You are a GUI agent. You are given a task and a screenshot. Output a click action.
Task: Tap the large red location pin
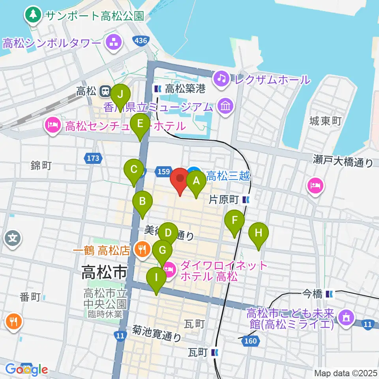click(180, 180)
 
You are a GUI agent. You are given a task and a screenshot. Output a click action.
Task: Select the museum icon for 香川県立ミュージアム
click(226, 106)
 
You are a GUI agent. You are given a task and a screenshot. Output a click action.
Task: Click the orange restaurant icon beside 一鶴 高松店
click(140, 249)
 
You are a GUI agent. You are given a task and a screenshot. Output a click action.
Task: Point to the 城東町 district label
click(326, 121)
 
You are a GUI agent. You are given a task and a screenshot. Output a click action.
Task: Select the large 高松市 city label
click(104, 272)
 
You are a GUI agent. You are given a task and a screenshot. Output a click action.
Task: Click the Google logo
click(27, 370)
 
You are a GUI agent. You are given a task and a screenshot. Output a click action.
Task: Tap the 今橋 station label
click(313, 294)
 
